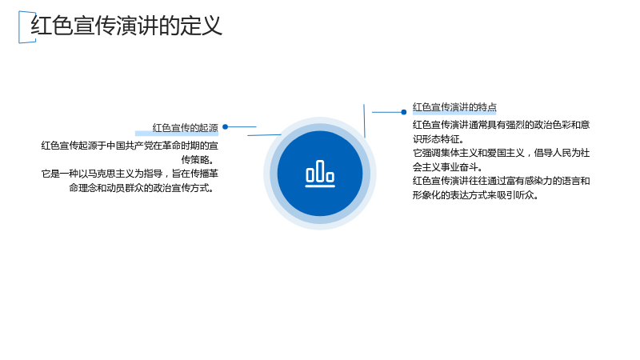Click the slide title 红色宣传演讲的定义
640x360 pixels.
pyautogui.click(x=126, y=26)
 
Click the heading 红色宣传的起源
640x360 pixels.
pyautogui.click(x=186, y=128)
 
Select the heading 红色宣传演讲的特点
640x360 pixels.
pyautogui.click(x=454, y=107)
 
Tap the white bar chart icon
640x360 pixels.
pyautogui.click(x=320, y=174)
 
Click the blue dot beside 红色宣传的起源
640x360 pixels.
pyautogui.click(x=225, y=127)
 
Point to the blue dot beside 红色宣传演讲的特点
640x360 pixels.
pyautogui.click(x=404, y=112)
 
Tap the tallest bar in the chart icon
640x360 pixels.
pyautogui.click(x=320, y=170)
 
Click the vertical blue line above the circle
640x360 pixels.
pyautogui.click(x=365, y=121)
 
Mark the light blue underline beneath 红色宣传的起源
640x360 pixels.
pyautogui.click(x=177, y=134)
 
